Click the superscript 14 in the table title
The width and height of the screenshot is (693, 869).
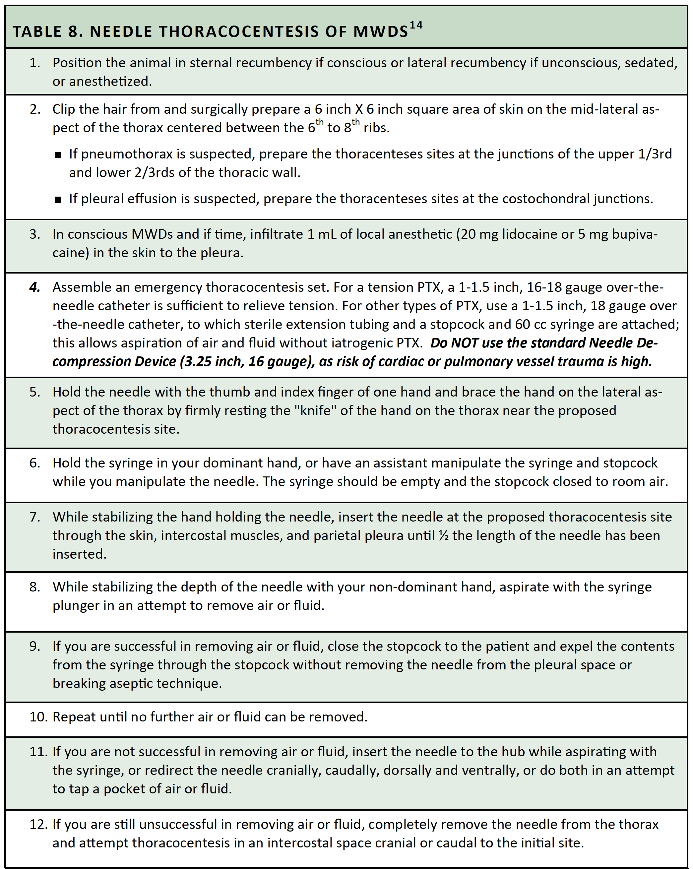point(416,26)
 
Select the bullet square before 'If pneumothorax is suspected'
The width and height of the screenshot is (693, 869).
point(58,155)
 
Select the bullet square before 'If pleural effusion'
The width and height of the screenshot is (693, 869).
point(58,200)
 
